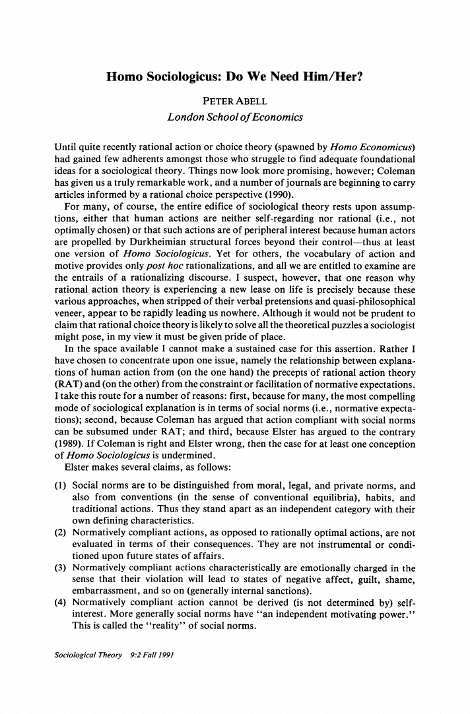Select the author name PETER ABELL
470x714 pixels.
click(234, 101)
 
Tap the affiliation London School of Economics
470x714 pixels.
click(235, 117)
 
